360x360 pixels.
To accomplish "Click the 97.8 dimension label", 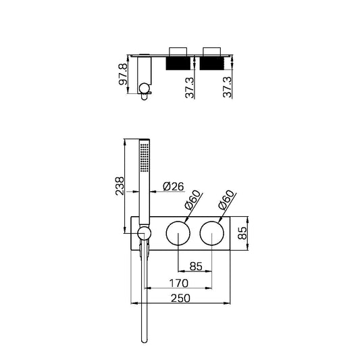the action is [x=123, y=74].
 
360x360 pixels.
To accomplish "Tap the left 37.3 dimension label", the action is [x=190, y=88].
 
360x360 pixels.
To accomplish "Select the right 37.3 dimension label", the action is [x=228, y=87].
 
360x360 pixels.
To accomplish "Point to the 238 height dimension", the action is [x=120, y=186].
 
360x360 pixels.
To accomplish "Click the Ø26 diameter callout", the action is [x=174, y=186].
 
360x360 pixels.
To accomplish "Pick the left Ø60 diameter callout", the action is [x=193, y=200].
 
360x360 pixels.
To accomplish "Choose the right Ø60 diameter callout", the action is [x=227, y=200].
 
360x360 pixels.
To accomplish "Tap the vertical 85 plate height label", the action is [x=242, y=233].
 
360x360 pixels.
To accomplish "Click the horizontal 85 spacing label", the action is [x=196, y=266].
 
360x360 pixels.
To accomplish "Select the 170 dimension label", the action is [x=178, y=283].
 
